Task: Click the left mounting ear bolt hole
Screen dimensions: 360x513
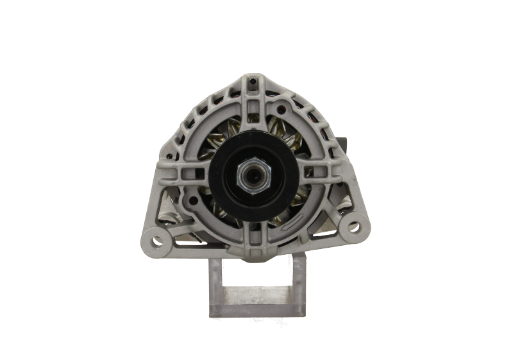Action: pos(157,241)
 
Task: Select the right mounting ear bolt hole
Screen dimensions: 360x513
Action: pos(352,227)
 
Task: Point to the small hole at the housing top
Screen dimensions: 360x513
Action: pos(252,82)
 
